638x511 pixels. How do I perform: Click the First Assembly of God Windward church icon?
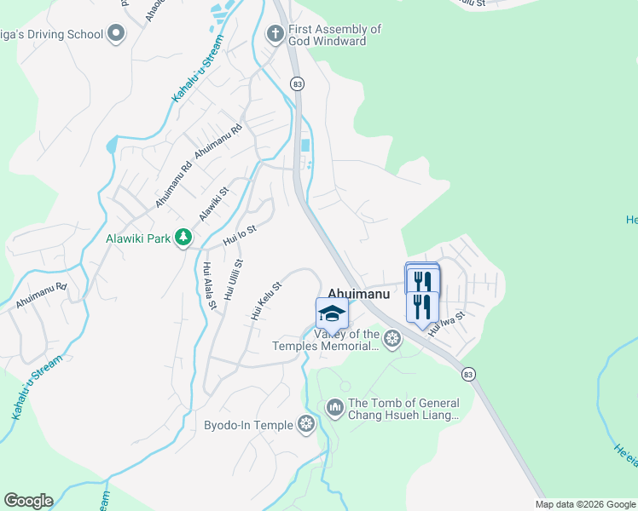275,35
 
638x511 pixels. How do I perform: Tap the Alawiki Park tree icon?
183,238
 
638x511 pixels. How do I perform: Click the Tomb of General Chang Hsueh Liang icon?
334,409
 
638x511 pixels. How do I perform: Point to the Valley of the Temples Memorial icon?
392,339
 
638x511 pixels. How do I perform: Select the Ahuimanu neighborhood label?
359,294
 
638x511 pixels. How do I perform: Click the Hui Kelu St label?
266,301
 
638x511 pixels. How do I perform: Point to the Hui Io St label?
240,235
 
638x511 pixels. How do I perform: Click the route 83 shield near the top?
297,83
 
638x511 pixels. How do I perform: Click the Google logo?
28,501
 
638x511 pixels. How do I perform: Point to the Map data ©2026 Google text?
585,504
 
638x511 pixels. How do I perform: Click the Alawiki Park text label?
138,238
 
